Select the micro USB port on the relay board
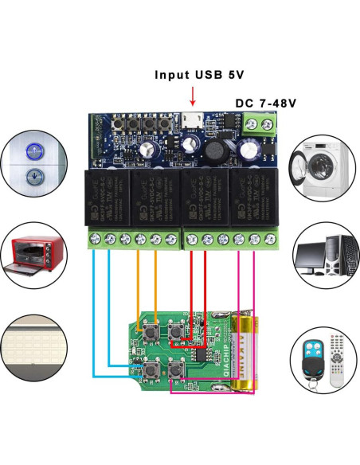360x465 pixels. (x=191, y=120)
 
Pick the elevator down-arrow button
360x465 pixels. (x=34, y=177)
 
